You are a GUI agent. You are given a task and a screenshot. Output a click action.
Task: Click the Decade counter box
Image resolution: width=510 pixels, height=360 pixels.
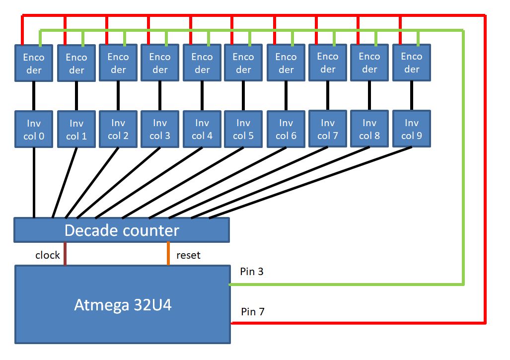point(122,230)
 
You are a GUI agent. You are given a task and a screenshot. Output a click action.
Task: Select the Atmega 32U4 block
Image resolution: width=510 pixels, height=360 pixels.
point(123,304)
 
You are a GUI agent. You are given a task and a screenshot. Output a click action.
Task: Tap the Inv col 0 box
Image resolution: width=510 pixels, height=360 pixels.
point(33,129)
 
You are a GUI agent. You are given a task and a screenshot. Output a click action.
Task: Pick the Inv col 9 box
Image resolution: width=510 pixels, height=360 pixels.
point(411,129)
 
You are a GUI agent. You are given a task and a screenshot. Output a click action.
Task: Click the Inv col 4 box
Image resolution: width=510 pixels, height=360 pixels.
point(202,129)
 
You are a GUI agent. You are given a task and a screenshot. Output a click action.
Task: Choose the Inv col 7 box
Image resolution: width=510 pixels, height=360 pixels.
point(327,129)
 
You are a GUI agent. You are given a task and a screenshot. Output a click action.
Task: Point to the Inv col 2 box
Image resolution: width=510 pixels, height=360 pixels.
point(118,129)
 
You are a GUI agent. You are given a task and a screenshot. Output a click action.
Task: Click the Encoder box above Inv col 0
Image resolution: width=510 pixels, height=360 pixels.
point(33,64)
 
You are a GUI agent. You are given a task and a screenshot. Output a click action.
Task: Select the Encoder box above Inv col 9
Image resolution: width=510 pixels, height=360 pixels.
point(411,63)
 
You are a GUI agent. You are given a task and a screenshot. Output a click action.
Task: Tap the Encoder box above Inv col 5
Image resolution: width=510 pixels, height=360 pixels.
point(243,63)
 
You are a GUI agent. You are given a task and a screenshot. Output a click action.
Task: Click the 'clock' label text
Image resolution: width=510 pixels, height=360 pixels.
point(48,255)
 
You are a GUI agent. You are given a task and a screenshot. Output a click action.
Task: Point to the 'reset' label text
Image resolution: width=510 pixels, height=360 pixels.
point(188,255)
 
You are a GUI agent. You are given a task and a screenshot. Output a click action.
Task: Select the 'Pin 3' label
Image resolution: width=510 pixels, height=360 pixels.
point(252,272)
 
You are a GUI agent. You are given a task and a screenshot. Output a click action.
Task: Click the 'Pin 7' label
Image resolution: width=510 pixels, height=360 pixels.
point(252,312)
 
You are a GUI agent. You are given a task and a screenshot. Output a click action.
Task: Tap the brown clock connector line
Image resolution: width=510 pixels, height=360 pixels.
point(65,254)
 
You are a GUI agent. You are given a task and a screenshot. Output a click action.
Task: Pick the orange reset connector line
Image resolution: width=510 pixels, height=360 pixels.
point(168,254)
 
